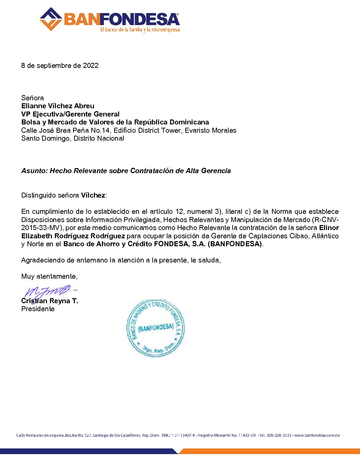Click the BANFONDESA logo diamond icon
[51, 19]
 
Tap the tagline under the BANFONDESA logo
[140, 30]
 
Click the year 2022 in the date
[91, 66]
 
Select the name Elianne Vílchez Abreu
[58, 106]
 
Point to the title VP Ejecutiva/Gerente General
[70, 114]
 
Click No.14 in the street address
[101, 130]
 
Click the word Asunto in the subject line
[34, 171]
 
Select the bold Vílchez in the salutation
[93, 195]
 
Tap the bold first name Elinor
[329, 228]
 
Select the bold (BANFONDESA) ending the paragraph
[235, 244]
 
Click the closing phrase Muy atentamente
[49, 276]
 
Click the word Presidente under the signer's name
[38, 309]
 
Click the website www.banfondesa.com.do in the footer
[317, 435]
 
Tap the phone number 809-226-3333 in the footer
[279, 435]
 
